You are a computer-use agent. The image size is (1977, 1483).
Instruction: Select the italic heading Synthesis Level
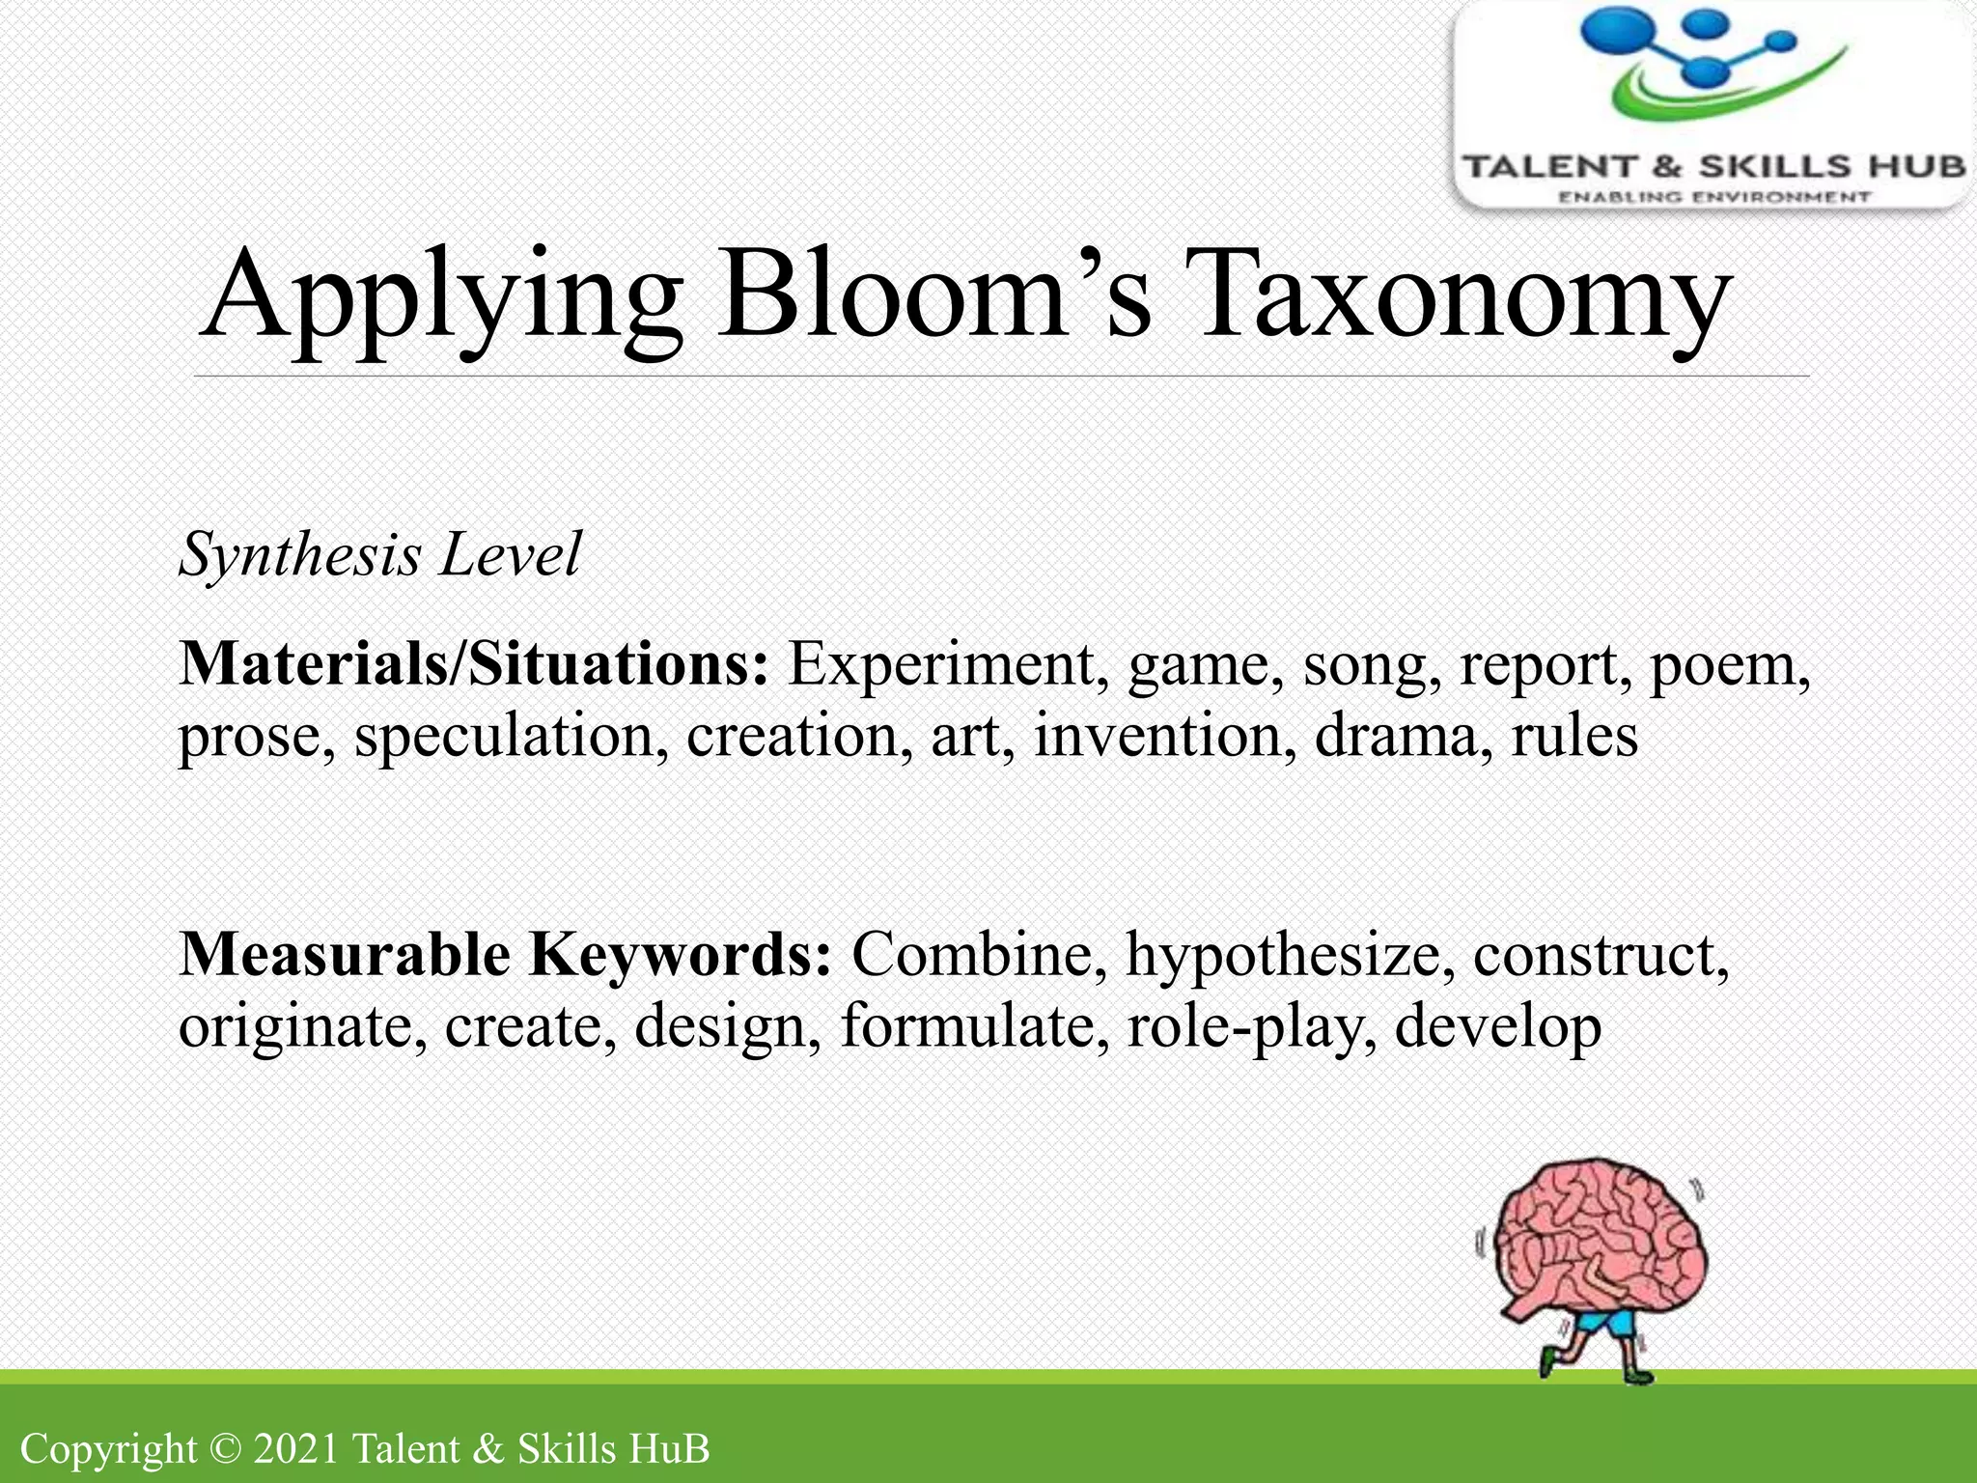point(379,555)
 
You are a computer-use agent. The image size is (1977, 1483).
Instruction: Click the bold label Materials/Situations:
point(474,665)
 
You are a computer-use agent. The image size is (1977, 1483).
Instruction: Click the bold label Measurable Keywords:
point(505,956)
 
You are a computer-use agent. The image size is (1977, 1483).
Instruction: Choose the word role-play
point(1251,1027)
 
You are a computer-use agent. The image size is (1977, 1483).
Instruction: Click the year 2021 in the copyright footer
point(295,1449)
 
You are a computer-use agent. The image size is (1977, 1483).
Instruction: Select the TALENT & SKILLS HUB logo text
point(1713,167)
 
